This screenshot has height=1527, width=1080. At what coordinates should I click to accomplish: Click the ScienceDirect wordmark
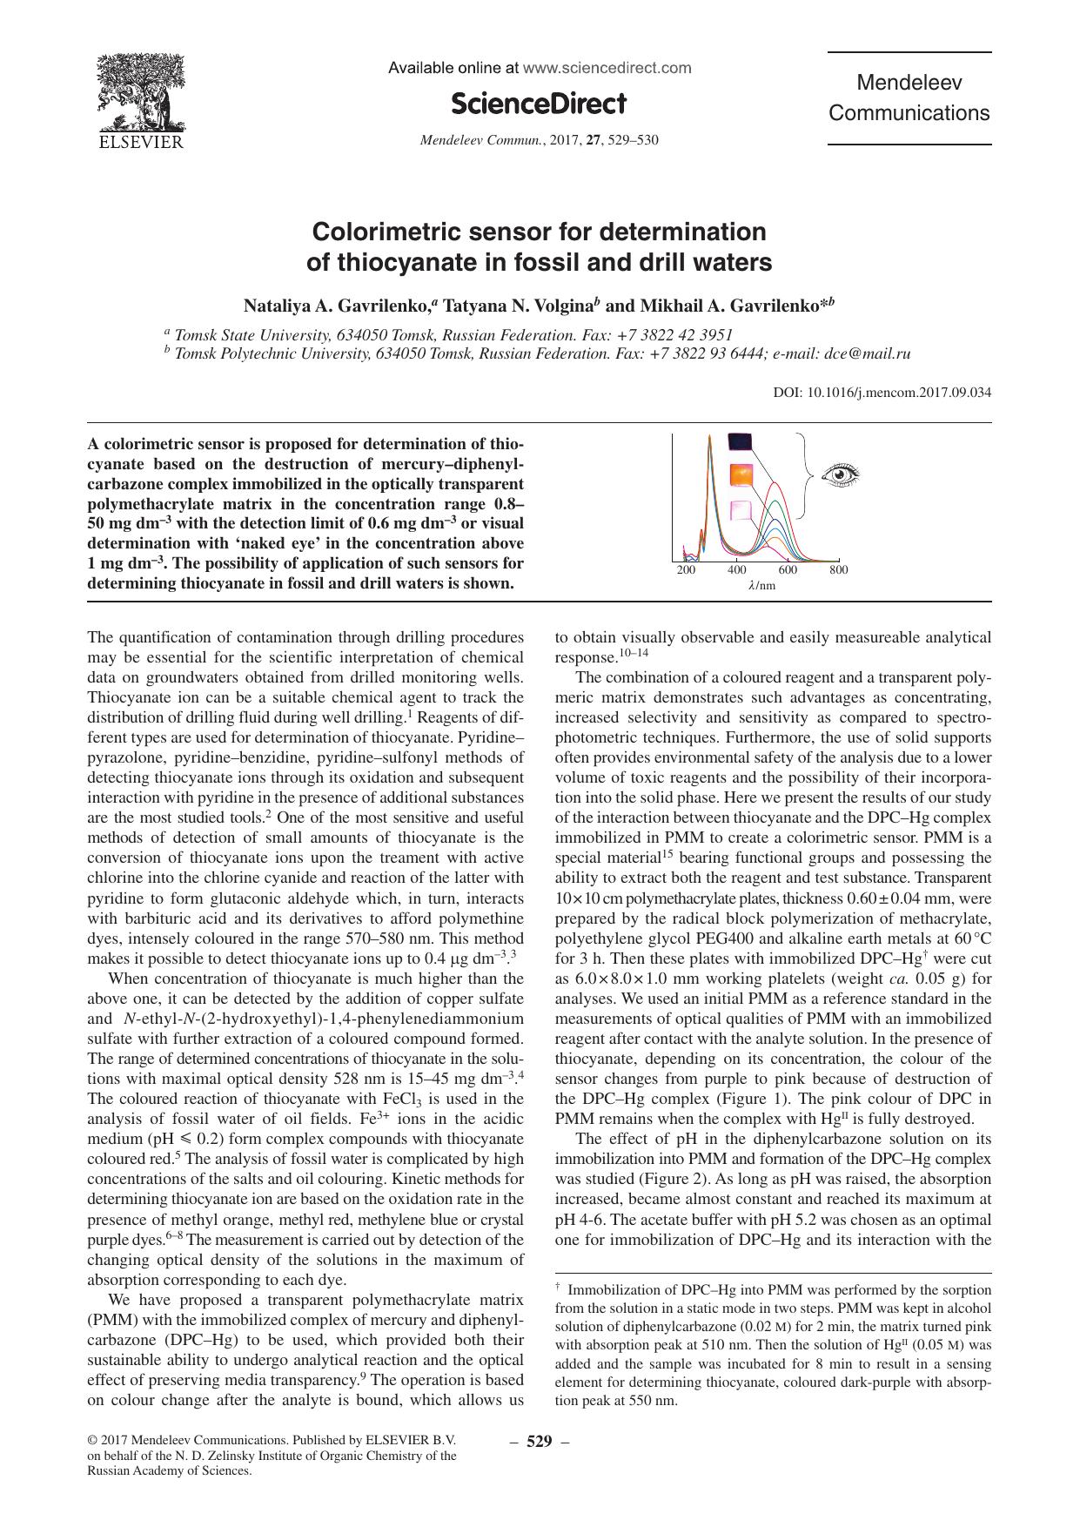(539, 104)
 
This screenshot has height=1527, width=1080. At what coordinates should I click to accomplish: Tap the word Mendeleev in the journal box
(909, 84)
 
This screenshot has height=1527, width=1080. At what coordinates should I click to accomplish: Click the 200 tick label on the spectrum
(686, 570)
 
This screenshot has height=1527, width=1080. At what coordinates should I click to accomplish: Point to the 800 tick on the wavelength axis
(838, 570)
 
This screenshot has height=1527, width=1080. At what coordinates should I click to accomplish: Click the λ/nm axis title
(761, 586)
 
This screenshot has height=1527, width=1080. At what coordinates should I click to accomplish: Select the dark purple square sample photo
(740, 443)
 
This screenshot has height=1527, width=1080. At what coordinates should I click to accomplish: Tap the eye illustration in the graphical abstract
(840, 474)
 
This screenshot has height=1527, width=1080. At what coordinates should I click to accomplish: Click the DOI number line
(882, 393)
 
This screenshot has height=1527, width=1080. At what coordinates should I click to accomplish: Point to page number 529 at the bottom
(539, 1442)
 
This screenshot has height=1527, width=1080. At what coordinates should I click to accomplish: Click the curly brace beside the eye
(808, 474)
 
